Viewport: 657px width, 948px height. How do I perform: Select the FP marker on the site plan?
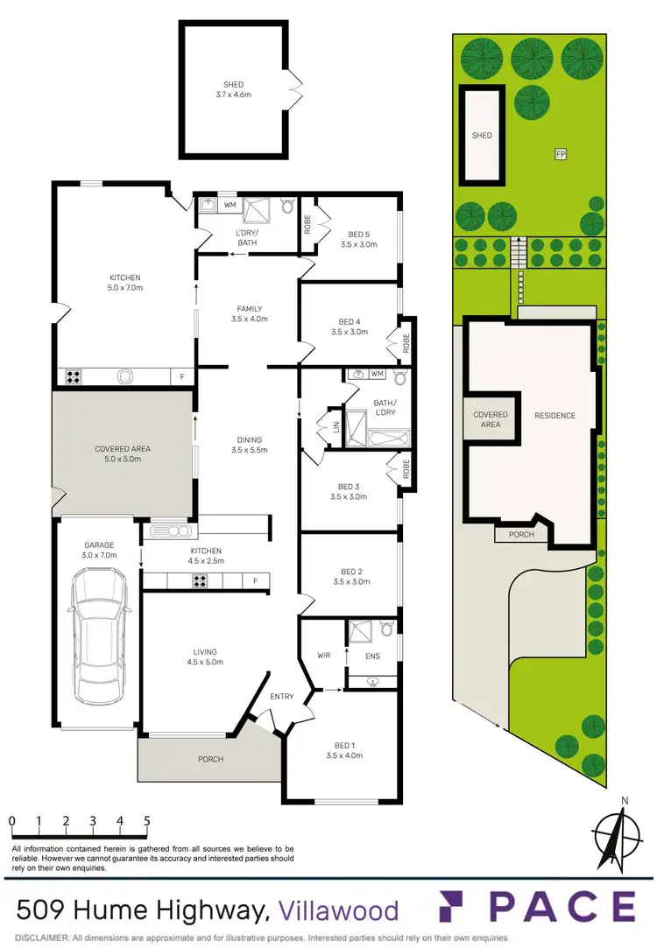pyautogui.click(x=560, y=155)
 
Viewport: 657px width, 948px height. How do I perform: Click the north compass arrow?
pyautogui.click(x=620, y=837)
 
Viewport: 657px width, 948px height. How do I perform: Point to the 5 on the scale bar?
pyautogui.click(x=147, y=821)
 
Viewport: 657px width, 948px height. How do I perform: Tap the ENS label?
pyautogui.click(x=372, y=654)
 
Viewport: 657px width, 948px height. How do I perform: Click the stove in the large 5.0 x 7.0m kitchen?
pyautogui.click(x=74, y=378)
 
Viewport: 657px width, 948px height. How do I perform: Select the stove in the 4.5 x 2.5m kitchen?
pyautogui.click(x=200, y=580)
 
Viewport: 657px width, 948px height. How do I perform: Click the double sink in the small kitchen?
pyautogui.click(x=171, y=531)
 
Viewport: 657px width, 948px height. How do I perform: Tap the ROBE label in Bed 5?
pyautogui.click(x=307, y=227)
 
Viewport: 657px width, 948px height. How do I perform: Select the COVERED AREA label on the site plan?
pyautogui.click(x=491, y=419)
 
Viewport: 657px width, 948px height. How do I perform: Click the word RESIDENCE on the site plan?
pyautogui.click(x=555, y=415)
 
